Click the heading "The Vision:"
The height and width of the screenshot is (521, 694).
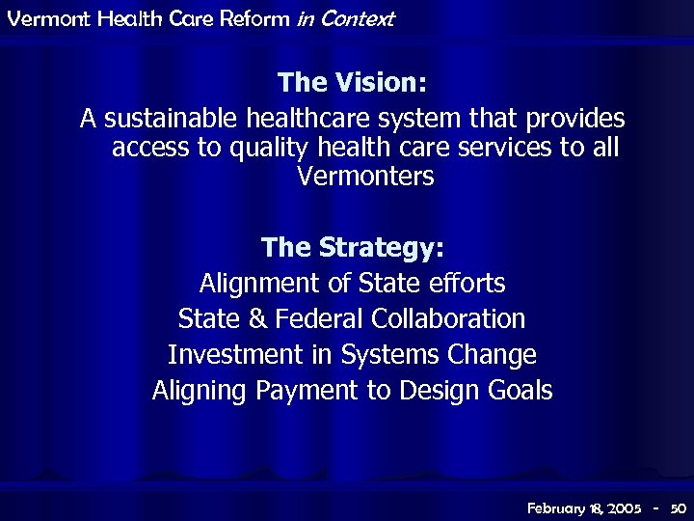(x=352, y=82)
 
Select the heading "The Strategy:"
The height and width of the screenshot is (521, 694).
(x=352, y=248)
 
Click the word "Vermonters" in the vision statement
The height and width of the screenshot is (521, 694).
(x=365, y=178)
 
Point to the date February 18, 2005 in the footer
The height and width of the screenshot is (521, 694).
(x=584, y=507)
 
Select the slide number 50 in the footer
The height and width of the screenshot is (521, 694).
(x=677, y=507)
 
